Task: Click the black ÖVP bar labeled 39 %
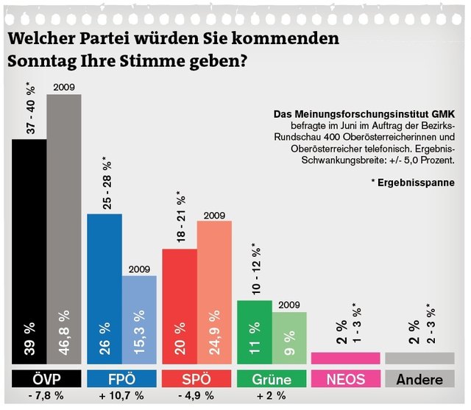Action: (29, 250)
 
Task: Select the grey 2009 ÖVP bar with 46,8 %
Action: (64, 228)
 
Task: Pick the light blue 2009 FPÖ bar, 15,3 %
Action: (139, 319)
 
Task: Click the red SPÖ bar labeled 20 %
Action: (179, 306)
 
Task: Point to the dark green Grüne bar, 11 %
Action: (254, 332)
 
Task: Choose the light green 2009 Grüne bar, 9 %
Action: (288, 338)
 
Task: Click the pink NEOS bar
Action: (345, 358)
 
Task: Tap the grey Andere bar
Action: (420, 358)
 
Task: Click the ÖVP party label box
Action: (47, 379)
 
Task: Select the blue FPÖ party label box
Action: (121, 379)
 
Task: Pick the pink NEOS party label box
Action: (345, 379)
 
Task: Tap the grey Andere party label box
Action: (420, 379)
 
